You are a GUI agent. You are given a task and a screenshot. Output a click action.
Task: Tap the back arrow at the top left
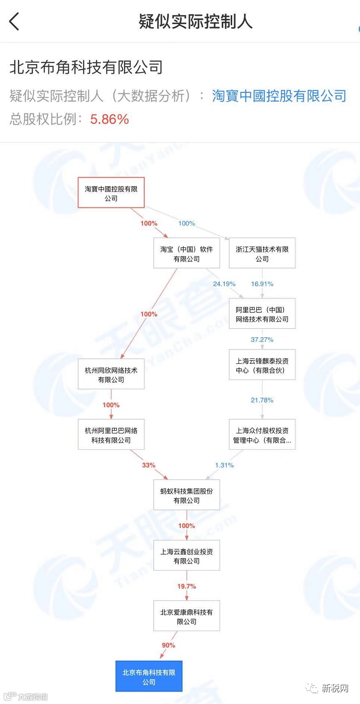coord(14,22)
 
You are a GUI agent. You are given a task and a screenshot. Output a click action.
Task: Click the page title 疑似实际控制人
coord(196,22)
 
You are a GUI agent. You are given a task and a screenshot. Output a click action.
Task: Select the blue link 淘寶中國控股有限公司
coord(279,95)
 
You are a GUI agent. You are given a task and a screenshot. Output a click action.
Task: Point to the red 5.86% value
coord(109,119)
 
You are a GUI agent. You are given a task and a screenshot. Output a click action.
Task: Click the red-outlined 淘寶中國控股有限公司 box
coord(111,193)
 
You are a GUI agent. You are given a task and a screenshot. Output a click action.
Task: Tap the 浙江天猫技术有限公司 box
coord(262,254)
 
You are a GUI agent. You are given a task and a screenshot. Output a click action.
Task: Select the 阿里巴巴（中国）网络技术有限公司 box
coord(262,314)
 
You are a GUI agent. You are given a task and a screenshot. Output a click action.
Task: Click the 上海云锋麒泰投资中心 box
coord(262,365)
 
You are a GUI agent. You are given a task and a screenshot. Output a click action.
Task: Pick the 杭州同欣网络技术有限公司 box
coord(111,374)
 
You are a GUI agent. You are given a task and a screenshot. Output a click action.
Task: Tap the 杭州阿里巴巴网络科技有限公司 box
coord(111,434)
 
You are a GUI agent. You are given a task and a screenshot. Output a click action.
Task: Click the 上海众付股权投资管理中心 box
coord(262,434)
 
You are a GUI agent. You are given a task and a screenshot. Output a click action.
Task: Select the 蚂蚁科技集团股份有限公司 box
coord(186,495)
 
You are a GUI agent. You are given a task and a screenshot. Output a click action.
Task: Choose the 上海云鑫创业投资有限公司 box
coord(186,556)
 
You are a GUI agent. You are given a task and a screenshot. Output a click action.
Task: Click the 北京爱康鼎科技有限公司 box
coord(186,616)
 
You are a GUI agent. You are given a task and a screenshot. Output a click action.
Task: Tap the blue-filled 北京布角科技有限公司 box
coord(149,676)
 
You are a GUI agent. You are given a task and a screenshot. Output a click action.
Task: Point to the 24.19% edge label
coord(224,284)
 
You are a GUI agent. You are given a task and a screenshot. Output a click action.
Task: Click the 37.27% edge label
coord(262,340)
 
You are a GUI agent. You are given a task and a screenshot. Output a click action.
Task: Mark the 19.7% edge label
coord(187,586)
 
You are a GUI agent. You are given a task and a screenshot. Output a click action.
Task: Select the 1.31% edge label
coord(224,465)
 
